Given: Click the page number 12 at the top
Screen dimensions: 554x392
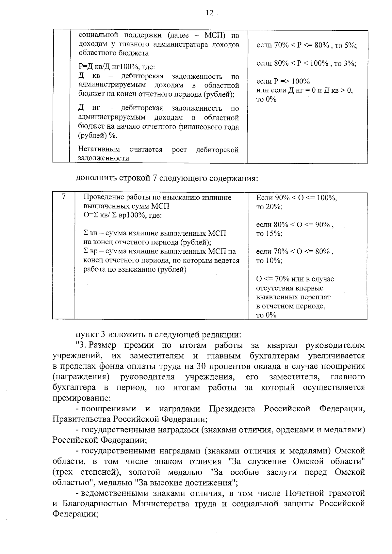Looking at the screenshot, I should click(209, 13).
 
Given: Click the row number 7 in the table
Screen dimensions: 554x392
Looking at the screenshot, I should click(64, 197).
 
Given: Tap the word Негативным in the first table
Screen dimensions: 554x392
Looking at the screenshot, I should click(99, 150).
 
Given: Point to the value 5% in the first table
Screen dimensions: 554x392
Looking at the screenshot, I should click(350, 46).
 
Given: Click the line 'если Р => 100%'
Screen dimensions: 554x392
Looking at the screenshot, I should click(283, 81).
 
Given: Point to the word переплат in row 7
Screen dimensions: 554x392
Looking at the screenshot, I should click(316, 297).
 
